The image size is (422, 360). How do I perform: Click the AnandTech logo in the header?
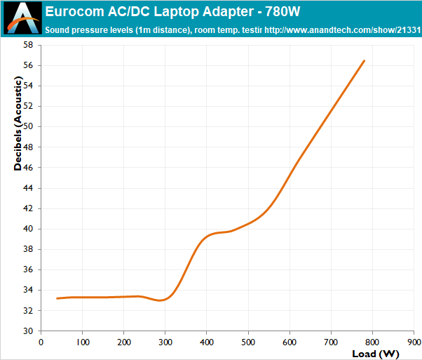21,19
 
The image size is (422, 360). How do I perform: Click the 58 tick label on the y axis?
28,45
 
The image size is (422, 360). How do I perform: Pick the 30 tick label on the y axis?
28,331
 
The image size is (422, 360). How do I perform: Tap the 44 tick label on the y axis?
28,187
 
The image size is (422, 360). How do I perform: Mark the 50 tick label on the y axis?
28,126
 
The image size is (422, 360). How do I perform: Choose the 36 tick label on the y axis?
28,269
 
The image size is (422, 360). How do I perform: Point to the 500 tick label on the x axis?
247,342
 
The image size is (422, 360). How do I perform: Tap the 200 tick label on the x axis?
123,342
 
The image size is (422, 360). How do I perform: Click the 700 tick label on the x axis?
331,342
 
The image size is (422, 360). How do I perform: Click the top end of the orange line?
364,61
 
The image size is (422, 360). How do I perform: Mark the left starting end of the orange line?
57,298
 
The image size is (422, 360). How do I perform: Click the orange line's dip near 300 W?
162,300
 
